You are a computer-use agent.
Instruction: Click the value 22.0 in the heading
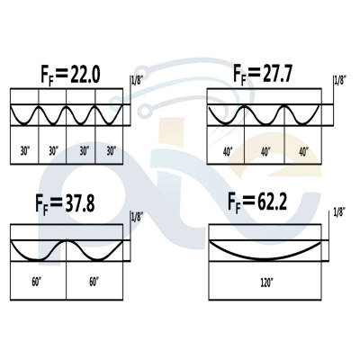[85, 75]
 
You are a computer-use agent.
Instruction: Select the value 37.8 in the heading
[80, 203]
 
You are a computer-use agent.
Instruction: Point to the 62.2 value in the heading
[272, 202]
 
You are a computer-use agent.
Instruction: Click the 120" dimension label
[266, 283]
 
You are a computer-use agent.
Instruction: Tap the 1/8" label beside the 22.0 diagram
[137, 81]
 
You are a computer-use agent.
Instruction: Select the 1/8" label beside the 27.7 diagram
[340, 81]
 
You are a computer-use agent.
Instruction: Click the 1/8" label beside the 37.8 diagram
[137, 217]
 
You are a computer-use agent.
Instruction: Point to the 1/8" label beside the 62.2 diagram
[339, 212]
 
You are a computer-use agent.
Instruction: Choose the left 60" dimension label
[37, 283]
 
